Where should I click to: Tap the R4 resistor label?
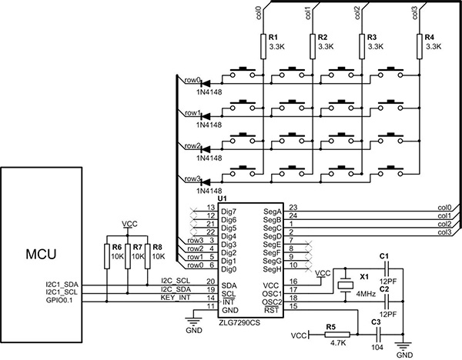pyautogui.click(x=429, y=37)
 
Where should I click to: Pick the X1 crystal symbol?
pyautogui.click(x=346, y=285)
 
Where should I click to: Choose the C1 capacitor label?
pyautogui.click(x=384, y=255)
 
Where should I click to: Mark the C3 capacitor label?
pyautogui.click(x=376, y=322)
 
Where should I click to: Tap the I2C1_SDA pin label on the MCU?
pyautogui.click(x=63, y=285)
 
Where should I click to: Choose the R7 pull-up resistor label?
pyautogui.click(x=138, y=248)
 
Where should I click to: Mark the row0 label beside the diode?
pyautogui.click(x=192, y=79)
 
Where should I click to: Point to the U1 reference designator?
pyautogui.click(x=223, y=198)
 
